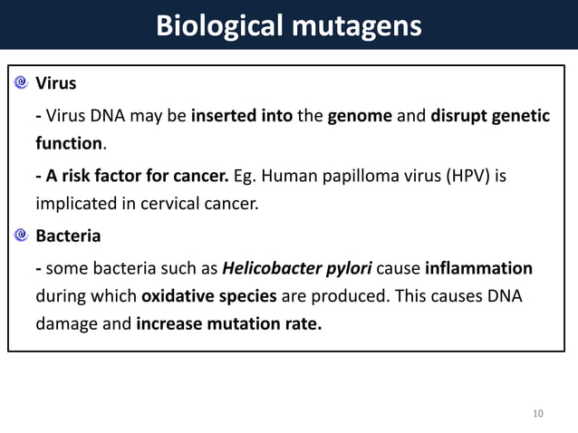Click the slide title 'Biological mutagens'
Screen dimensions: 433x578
tap(288, 24)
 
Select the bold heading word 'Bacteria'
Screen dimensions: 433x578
tap(68, 236)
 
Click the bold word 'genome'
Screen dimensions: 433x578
tap(360, 115)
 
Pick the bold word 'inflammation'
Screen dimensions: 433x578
tap(478, 268)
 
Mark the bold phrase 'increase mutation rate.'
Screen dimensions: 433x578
tap(228, 324)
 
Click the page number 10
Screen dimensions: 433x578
tap(538, 414)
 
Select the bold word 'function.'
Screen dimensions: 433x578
tap(70, 143)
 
